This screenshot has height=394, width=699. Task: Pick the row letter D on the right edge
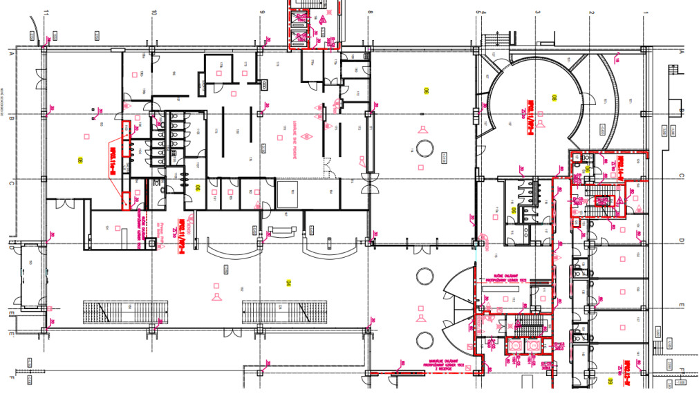[680, 241]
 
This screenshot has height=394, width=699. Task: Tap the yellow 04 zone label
[289, 282]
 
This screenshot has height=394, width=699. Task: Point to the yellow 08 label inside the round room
[553, 97]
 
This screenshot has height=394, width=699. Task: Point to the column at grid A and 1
[644, 49]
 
